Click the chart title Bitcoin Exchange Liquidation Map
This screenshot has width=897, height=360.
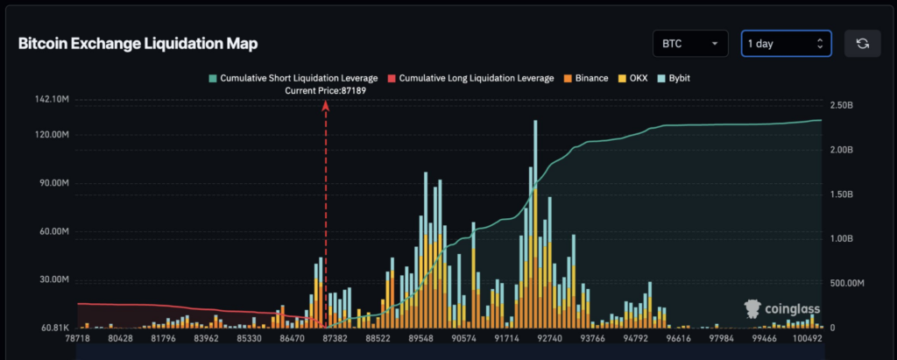click(138, 44)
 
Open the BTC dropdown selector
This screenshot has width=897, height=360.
click(689, 44)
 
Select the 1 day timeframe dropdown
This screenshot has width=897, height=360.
click(784, 44)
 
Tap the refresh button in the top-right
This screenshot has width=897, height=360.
click(862, 44)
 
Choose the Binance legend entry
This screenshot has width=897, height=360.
click(585, 78)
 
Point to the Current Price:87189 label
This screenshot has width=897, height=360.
click(326, 90)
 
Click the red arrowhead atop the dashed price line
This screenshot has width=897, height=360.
click(326, 104)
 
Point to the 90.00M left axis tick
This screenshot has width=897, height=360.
click(52, 184)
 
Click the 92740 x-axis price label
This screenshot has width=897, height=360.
click(550, 337)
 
